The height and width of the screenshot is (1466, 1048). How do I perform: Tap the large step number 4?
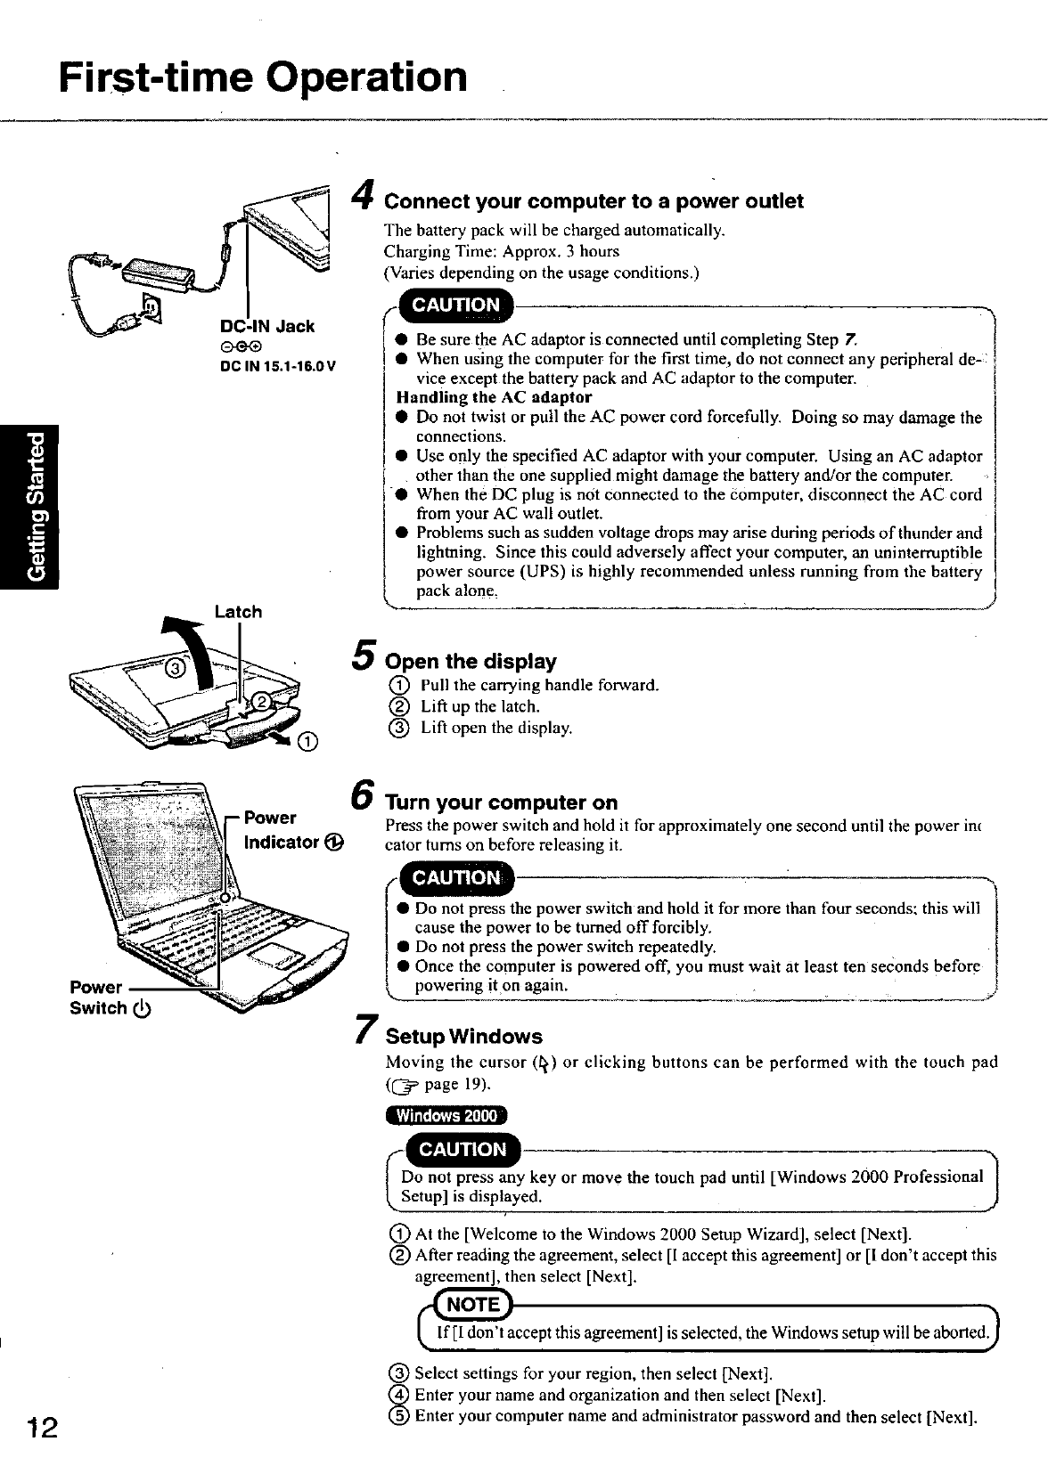pos(362,192)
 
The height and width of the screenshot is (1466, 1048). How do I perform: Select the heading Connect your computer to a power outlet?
pos(594,201)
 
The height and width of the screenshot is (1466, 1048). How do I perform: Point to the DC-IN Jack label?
pos(267,326)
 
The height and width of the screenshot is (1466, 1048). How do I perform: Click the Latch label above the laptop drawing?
pos(239,612)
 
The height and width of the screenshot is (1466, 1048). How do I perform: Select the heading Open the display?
pos(471,662)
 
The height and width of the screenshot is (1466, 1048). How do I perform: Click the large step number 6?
pos(362,791)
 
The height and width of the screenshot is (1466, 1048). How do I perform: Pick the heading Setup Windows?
pos(463,1037)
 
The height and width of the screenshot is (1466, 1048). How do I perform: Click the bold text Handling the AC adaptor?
pos(494,397)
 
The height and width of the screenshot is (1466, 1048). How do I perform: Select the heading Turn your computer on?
pos(501,802)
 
